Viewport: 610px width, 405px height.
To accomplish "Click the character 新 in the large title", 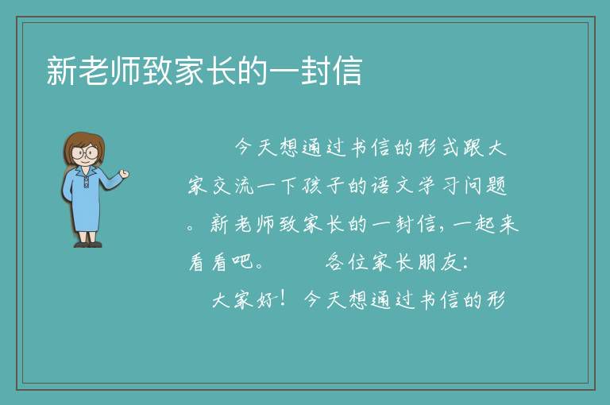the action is (61, 71).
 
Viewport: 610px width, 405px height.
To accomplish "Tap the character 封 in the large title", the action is (316, 71).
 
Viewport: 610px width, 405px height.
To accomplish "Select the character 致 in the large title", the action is (156, 71).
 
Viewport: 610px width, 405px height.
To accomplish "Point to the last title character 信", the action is (348, 71).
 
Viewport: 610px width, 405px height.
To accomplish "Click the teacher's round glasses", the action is (85, 152).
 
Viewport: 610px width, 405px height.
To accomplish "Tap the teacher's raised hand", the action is (125, 174).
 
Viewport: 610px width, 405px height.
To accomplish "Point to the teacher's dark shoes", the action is (88, 245).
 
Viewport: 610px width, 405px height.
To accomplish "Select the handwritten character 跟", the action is (474, 148).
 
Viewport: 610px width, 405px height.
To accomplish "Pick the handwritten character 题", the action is (496, 186).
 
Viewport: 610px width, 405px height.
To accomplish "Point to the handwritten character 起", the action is (485, 224).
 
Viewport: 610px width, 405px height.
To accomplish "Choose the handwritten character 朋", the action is (427, 262).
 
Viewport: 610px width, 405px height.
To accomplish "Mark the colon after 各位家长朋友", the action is (465, 264).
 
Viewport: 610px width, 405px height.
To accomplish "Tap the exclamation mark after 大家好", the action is (283, 298).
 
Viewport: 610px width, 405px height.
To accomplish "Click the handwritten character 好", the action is (267, 300).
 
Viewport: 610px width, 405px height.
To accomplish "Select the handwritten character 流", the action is (245, 186).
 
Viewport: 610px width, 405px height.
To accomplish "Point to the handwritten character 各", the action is (335, 262).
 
